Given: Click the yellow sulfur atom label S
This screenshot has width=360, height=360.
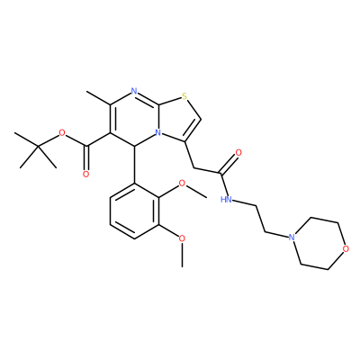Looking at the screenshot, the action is point(184,96).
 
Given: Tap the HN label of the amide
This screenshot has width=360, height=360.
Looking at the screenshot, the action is point(226,199).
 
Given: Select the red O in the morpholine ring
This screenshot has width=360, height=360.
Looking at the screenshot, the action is point(346,248).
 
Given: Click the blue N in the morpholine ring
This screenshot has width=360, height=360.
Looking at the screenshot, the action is point(291,237).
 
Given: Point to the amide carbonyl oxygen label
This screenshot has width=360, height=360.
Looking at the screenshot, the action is point(239,153).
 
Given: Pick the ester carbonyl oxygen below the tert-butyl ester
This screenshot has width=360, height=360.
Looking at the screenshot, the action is point(86,174).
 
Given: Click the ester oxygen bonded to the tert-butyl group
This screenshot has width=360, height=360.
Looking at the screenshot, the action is point(62,132).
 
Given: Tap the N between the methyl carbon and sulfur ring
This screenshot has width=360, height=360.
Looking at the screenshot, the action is point(134,91).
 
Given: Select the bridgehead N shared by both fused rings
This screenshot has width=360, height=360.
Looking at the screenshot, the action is point(159,132).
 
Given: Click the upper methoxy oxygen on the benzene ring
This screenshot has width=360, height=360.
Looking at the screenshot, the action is point(182,184).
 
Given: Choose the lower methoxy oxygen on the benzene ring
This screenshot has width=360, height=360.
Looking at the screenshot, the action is point(182,239).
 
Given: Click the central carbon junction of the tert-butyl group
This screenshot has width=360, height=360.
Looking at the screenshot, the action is point(39,146).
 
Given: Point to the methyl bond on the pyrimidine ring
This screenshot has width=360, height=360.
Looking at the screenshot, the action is point(98,98).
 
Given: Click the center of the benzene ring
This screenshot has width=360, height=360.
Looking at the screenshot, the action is point(134,211).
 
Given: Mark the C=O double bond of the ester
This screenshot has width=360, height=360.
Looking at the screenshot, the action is point(87,159).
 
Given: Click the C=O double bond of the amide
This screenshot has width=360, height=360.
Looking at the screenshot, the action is point(229,164).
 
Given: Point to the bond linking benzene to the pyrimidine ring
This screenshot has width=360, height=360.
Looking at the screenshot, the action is point(134,165).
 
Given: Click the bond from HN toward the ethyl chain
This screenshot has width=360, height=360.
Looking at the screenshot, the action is point(245,203).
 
